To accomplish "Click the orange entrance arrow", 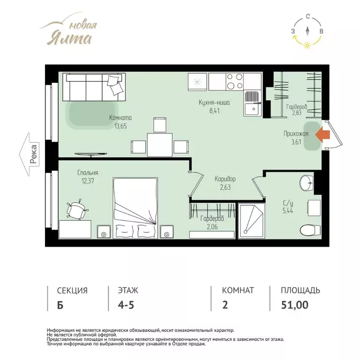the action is pos(322,135).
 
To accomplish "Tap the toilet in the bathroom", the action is pos(310,230).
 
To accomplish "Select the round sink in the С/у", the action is pos(306,183).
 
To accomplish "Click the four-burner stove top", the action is pos(234,82).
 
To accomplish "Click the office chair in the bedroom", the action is pos(76,210).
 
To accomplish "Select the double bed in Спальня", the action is pos(135,208).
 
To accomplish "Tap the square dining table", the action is pos(159,145).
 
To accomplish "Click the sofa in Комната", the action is pos(94,87).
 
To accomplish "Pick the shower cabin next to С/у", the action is pos(252,221).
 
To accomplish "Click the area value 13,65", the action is pos(120,126).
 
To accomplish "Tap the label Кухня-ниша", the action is pos(214,102).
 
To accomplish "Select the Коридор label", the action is pos(225,179).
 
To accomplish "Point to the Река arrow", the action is pos(29,154).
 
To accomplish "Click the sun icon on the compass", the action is pos(307,45).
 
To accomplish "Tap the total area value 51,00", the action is pos(295,305).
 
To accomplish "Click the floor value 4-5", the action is pos(126,305).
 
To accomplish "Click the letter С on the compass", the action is pos(308,16).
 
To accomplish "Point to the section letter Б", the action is pos(60,305).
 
